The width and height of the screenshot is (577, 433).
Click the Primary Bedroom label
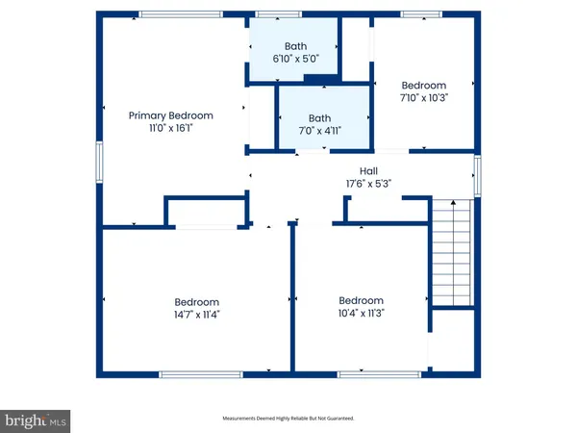(171, 115)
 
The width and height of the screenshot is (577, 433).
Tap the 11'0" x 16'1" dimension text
(171, 128)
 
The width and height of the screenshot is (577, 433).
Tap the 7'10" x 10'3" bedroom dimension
(423, 97)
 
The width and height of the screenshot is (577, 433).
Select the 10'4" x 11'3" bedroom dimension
(362, 313)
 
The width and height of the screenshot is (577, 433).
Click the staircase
(451, 250)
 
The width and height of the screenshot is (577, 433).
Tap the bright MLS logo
(36, 420)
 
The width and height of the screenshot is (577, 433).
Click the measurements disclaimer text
(289, 419)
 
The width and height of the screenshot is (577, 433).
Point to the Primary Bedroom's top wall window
(171, 13)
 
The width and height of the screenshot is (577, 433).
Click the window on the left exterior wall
(97, 162)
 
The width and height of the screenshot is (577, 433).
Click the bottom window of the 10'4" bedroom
(365, 374)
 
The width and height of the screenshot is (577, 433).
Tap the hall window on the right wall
(476, 176)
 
